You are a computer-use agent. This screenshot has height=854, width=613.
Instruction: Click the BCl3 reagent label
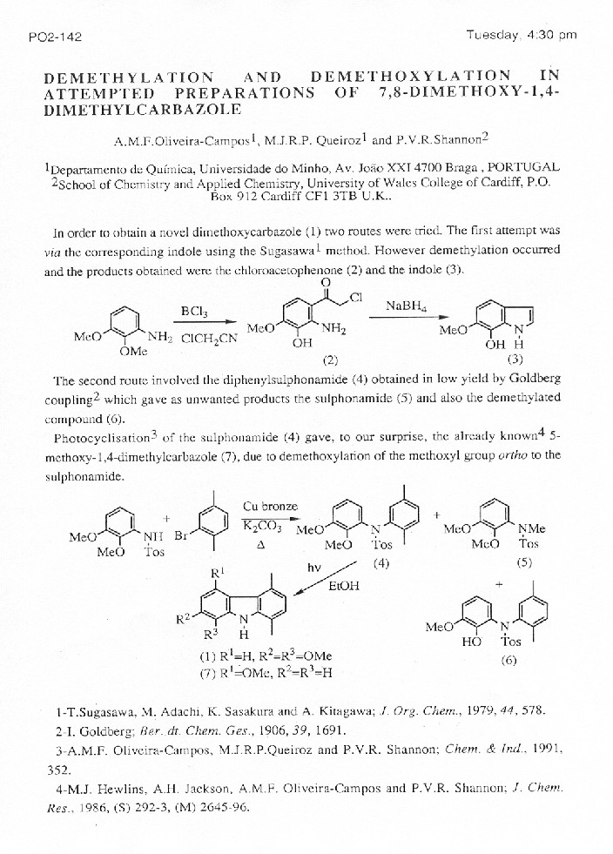click(x=193, y=311)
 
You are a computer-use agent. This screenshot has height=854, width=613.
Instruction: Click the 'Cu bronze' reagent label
click(x=270, y=506)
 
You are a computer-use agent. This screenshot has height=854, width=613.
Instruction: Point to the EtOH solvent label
click(x=343, y=585)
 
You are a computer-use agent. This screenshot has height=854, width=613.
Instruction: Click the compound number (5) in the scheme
click(x=524, y=561)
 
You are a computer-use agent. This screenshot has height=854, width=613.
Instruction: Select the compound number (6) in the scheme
click(x=510, y=659)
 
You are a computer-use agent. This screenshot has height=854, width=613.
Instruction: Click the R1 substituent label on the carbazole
click(x=219, y=573)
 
